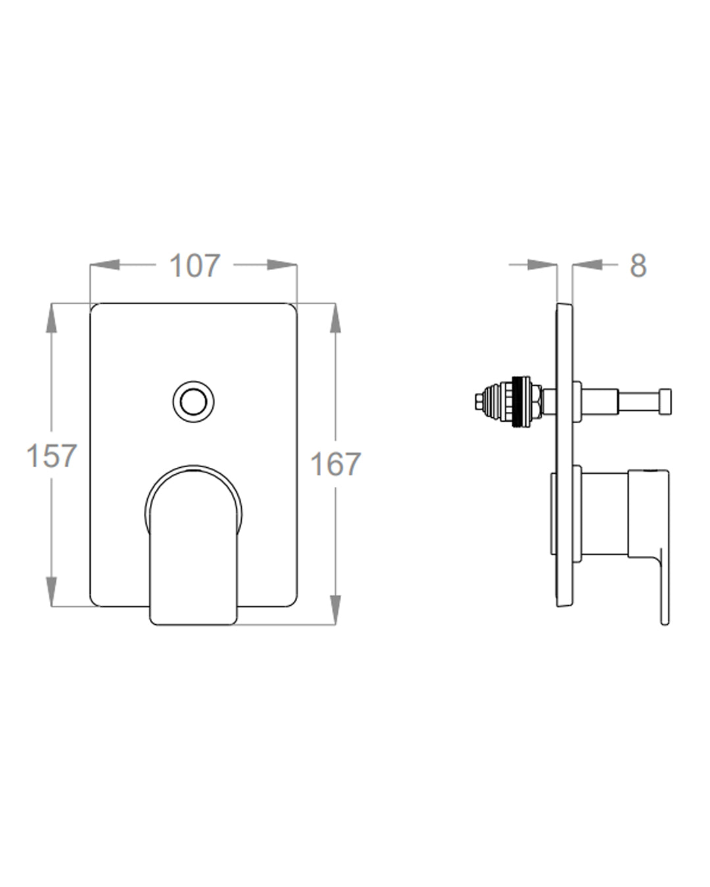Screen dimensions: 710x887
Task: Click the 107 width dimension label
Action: point(195,266)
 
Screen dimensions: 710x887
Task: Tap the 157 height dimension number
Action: point(51,455)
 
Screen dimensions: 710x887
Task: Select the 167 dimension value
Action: point(335,464)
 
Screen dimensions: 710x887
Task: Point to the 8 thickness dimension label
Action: point(638,266)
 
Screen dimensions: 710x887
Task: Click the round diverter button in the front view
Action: point(193,401)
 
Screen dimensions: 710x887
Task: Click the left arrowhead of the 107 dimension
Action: point(105,265)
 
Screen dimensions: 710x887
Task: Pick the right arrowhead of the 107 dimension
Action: point(282,265)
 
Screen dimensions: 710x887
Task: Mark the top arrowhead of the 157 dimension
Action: point(51,318)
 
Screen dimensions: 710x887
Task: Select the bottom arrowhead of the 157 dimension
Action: point(51,592)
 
